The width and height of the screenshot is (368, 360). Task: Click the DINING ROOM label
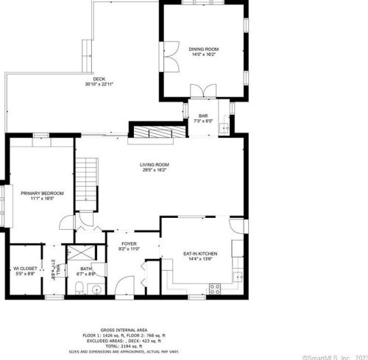[205, 49]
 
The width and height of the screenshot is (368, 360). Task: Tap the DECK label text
[99, 79]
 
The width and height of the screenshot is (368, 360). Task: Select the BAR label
[204, 116]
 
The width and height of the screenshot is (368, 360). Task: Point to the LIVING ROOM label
[155, 164]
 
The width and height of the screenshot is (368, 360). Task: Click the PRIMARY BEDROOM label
[42, 193]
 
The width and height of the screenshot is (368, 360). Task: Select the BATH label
[86, 269]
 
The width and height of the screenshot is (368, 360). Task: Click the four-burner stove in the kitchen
[216, 287]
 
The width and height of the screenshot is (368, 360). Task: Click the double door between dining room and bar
[202, 91]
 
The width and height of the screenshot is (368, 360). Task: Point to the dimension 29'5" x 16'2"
[155, 170]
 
